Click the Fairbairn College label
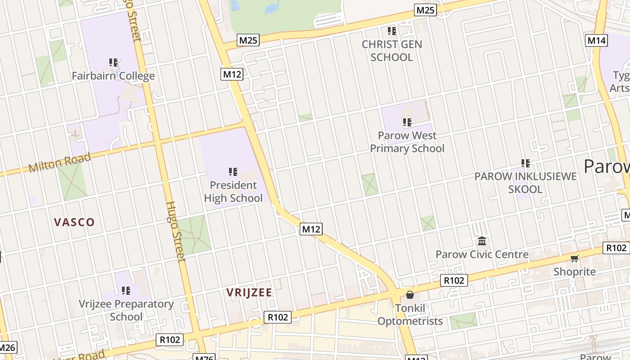coord(113,76)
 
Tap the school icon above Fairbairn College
coord(113,62)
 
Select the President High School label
coord(233,192)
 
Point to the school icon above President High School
coord(233,171)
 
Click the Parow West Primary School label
coord(407,142)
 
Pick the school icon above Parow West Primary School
coord(407,122)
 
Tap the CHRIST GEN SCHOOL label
coord(392,51)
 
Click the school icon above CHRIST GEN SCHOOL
coord(392,31)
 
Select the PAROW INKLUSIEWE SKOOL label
coord(525,183)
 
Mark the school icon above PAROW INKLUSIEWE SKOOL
coord(525,163)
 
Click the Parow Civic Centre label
coord(482,254)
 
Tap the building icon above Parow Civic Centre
coord(482,241)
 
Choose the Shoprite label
coord(575,271)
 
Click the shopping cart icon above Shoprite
coord(575,258)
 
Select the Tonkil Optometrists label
coord(410,315)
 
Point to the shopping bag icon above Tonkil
coord(410,295)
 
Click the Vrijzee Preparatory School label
coord(126,310)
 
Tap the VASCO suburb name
coord(74,222)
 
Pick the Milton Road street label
coord(59,162)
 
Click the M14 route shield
coord(597,40)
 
